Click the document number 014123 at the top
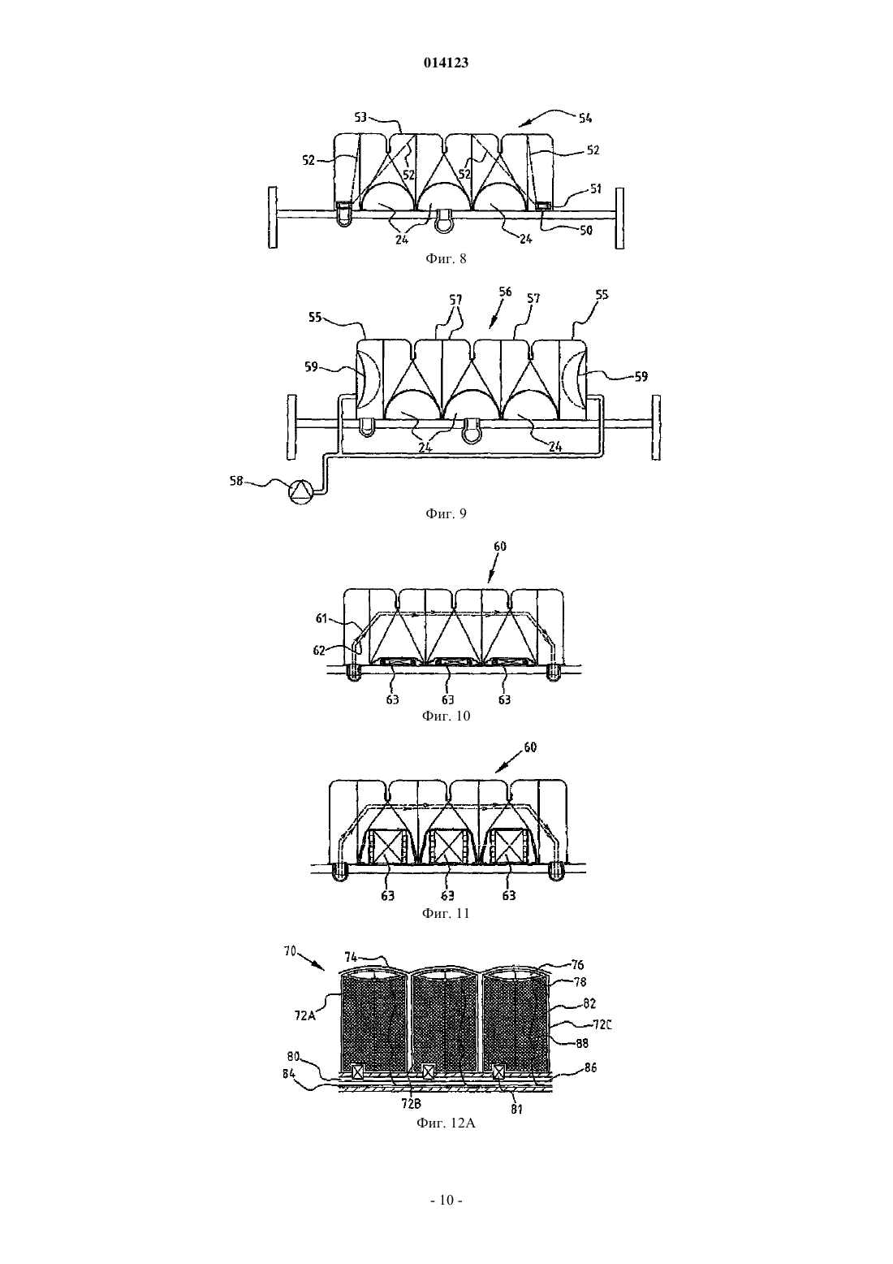coord(446,63)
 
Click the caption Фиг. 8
coord(446,258)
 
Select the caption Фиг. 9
coord(446,513)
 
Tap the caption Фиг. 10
coord(446,716)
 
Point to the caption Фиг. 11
coord(446,913)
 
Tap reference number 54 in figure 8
coord(585,118)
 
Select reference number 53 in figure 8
coord(360,117)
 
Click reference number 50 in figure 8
coord(586,230)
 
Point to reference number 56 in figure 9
coord(505,291)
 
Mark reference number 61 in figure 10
coord(321,618)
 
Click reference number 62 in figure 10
coord(319,651)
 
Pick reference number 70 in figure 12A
coord(291,952)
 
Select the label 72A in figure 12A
coord(304,1015)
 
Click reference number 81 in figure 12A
coord(517,1109)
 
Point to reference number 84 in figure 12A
coord(289,1075)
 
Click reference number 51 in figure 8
coord(595,189)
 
